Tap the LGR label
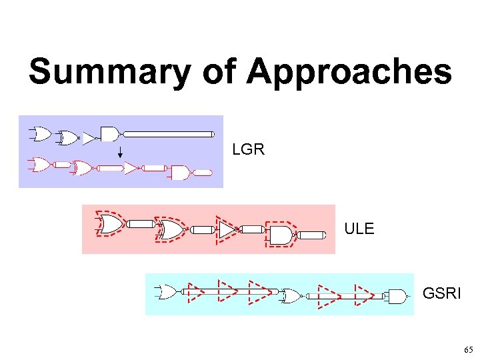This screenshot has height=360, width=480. click(x=248, y=149)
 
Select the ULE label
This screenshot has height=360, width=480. click(x=359, y=229)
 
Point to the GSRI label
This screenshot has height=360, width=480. click(x=441, y=293)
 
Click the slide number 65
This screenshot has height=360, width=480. click(x=468, y=350)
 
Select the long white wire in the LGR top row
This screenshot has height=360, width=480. click(x=171, y=134)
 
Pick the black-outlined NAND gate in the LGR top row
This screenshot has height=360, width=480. click(x=109, y=133)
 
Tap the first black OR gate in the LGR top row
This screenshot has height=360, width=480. click(x=41, y=134)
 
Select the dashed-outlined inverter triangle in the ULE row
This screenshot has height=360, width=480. click(x=227, y=229)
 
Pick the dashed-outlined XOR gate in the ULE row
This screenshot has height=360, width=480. click(x=171, y=229)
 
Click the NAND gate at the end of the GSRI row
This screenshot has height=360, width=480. click(x=397, y=297)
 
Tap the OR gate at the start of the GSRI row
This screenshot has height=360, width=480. click(x=166, y=292)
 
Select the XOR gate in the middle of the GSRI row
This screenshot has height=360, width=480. click(x=291, y=296)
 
